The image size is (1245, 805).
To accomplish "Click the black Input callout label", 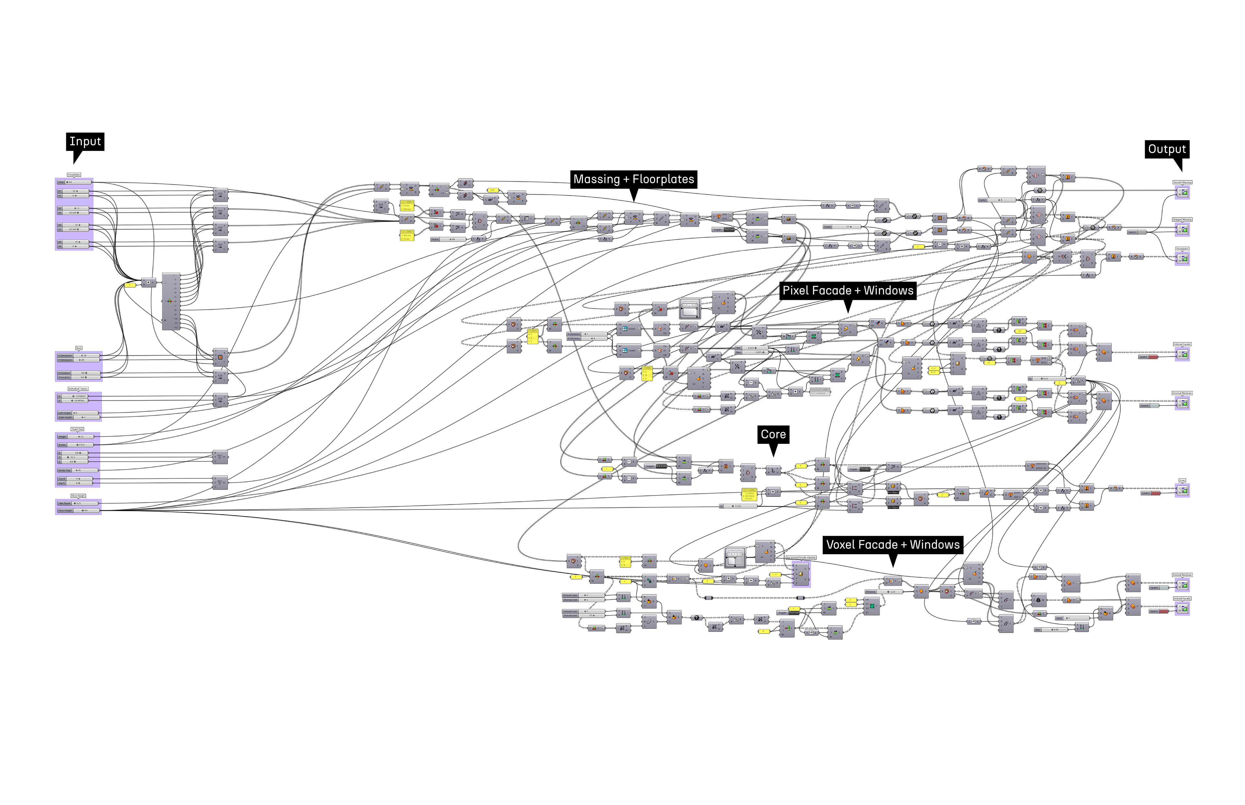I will click(x=85, y=142).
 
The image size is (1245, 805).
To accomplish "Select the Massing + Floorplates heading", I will click(x=634, y=179).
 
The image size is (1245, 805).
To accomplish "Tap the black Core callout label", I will click(x=773, y=434).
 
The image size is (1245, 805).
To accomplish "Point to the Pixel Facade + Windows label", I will click(x=848, y=291).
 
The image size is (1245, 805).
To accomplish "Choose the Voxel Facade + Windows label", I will click(x=893, y=545).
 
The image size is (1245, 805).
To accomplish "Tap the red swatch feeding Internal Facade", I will click(x=1164, y=611).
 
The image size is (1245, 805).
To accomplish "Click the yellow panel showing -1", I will click(x=130, y=285).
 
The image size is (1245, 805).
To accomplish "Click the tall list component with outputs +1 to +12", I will click(x=171, y=301).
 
